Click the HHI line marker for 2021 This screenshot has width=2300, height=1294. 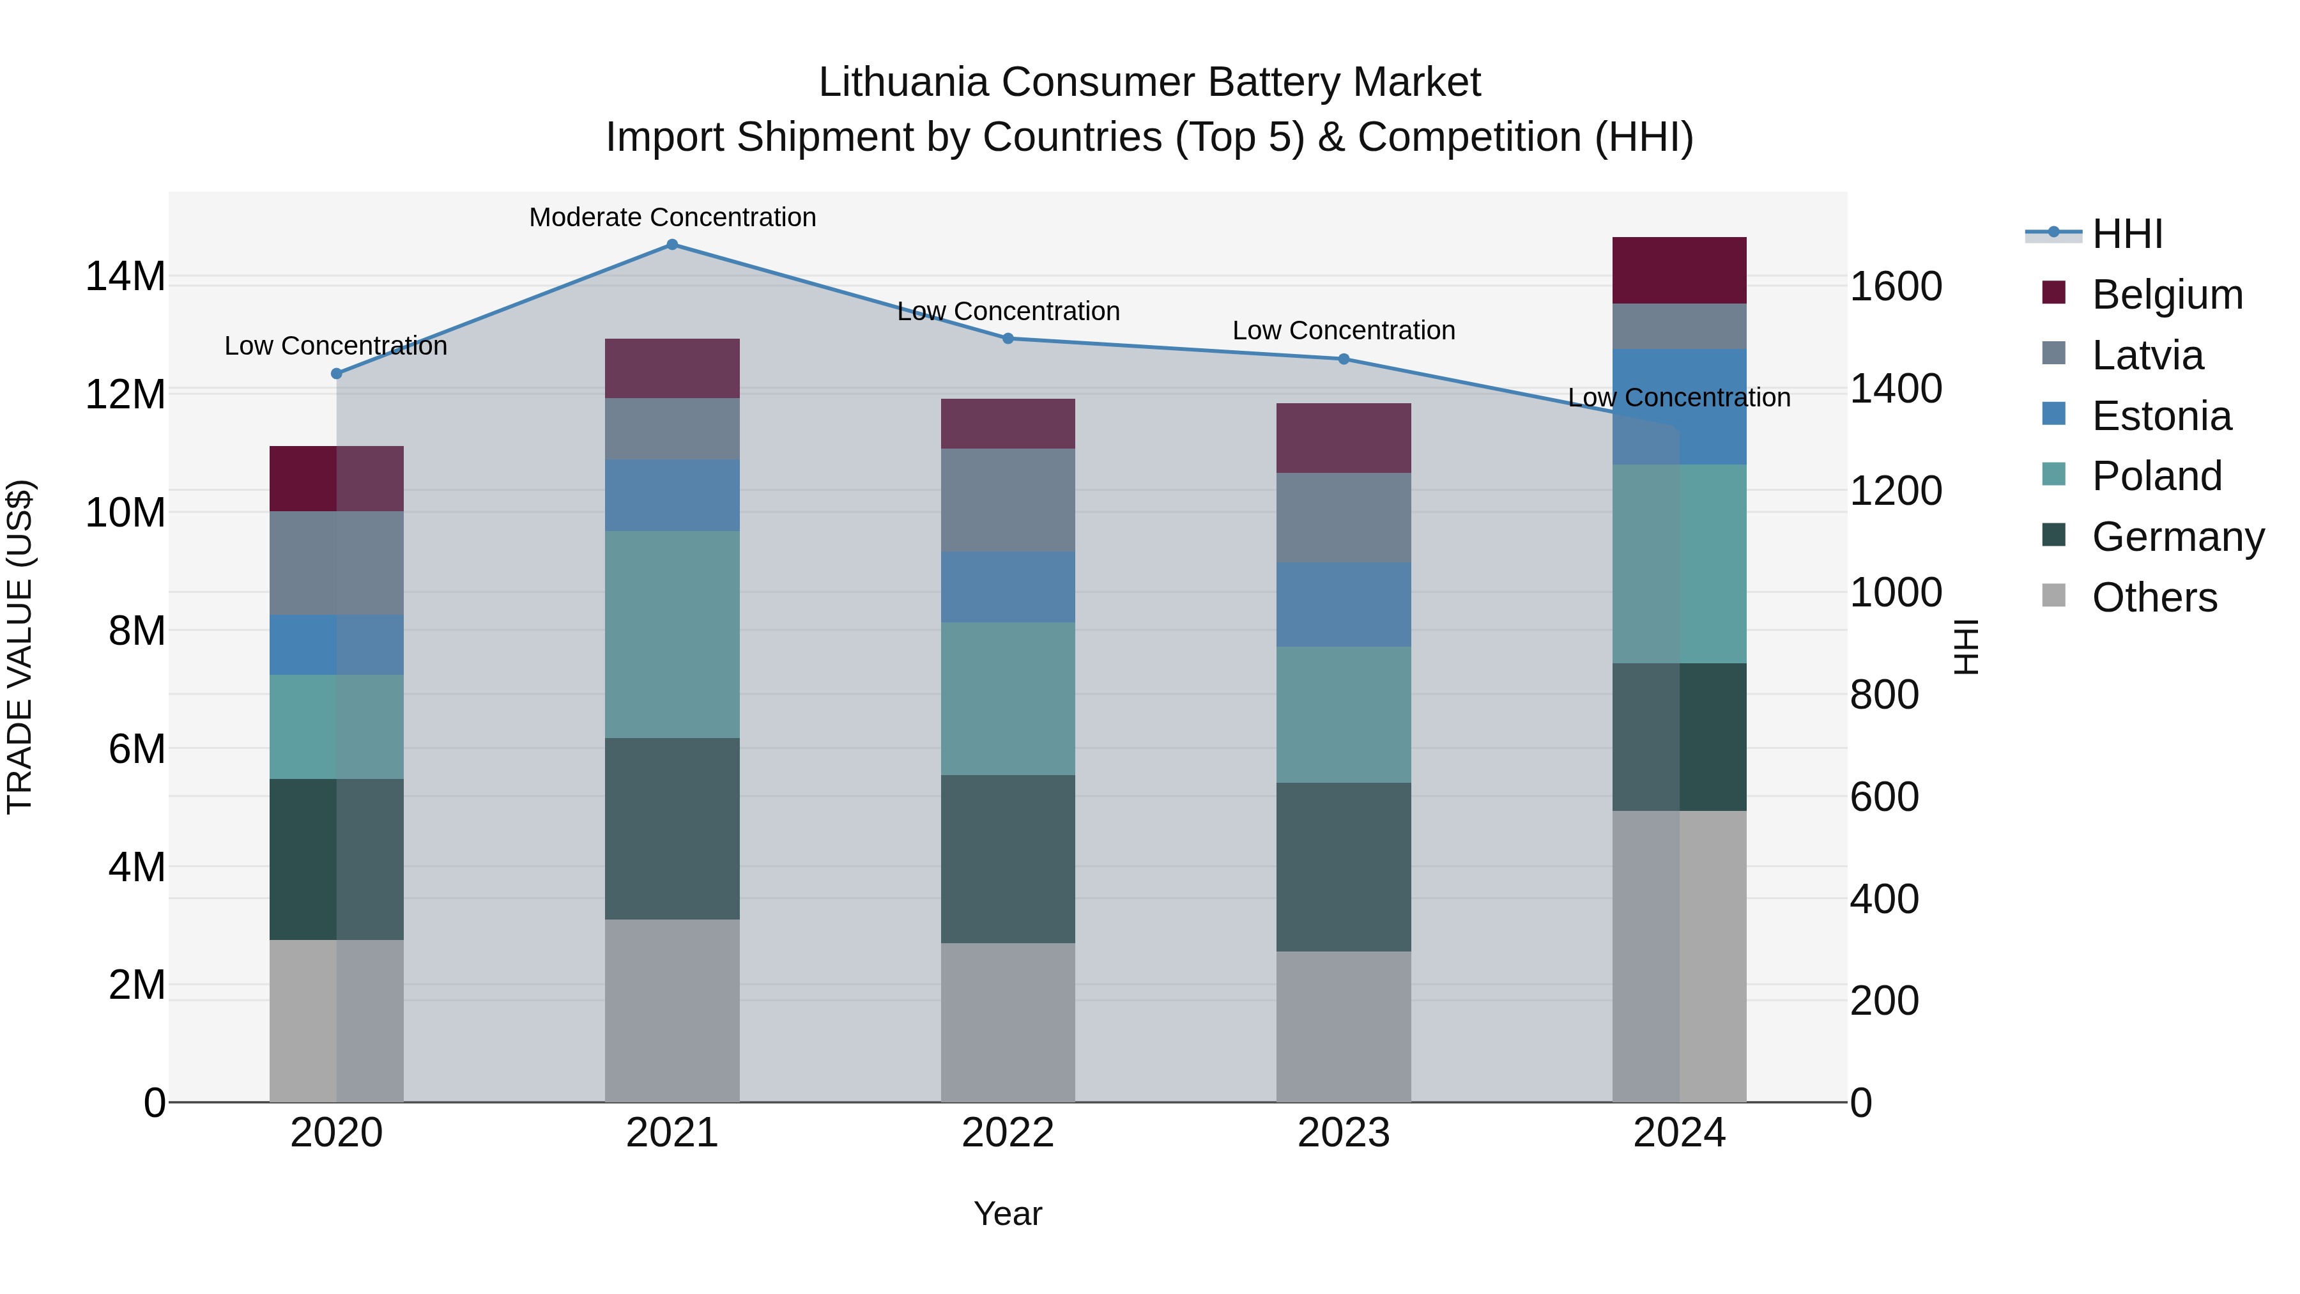[x=672, y=245]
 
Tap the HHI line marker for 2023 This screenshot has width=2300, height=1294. [x=1344, y=359]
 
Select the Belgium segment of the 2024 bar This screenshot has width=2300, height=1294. [x=1680, y=270]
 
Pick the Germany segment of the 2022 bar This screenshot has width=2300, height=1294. [x=1008, y=858]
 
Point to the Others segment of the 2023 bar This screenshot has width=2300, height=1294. [x=1344, y=1026]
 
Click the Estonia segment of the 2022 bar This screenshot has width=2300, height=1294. [x=1008, y=587]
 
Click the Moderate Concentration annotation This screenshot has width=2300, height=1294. [x=672, y=218]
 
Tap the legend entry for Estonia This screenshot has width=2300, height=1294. [x=2161, y=416]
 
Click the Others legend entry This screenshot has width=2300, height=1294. [x=2154, y=597]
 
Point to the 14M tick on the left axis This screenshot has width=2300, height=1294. [x=125, y=277]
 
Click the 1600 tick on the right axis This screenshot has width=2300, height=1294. [x=1896, y=288]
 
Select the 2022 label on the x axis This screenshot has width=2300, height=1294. [x=1008, y=1133]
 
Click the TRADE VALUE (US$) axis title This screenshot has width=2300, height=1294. [x=20, y=647]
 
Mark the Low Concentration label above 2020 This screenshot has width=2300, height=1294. [x=335, y=346]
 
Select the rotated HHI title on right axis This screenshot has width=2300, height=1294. [x=1966, y=647]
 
